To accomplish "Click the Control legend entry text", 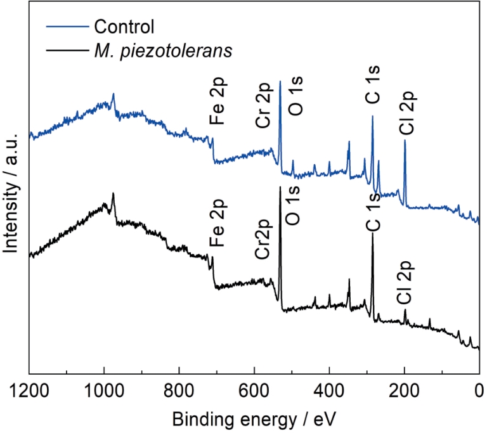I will point(124,27).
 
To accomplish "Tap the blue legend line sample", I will point(67,27).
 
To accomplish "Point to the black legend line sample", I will point(67,49).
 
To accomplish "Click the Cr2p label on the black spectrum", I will point(264,240).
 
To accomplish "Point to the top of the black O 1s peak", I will point(280,187).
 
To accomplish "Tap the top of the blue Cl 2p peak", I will point(405,141).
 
